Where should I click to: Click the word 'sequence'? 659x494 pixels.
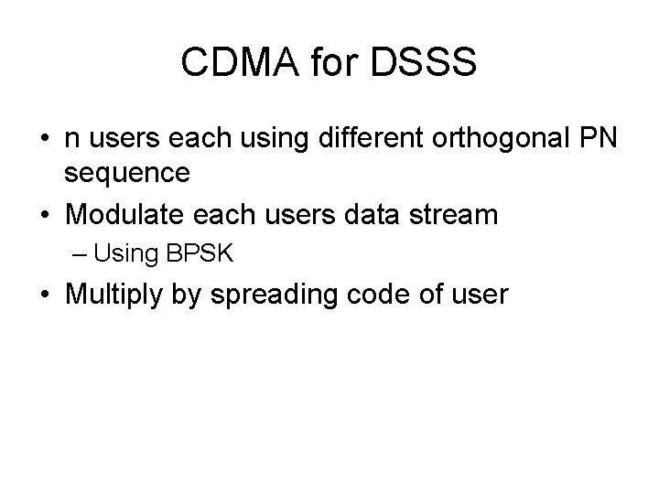pos(127,173)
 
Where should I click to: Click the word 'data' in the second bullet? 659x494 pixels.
pos(375,216)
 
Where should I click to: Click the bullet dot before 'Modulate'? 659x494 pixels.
pos(45,217)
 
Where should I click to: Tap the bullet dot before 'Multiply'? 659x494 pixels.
pos(45,296)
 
